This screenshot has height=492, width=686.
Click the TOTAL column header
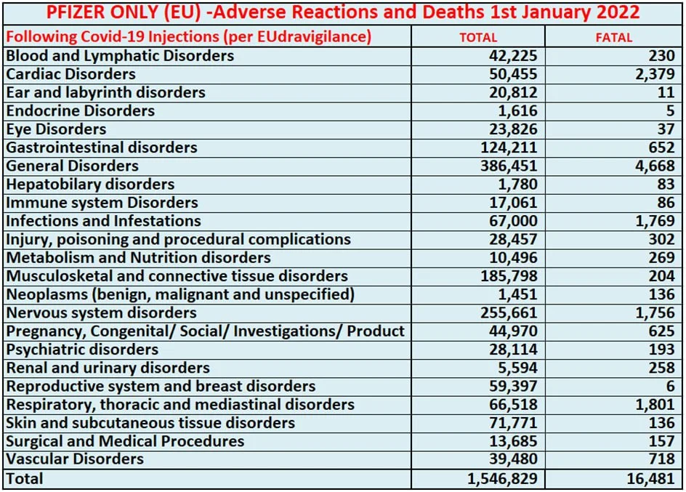click(478, 37)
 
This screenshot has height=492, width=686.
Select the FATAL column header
click(614, 37)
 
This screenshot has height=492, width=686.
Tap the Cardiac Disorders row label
click(70, 74)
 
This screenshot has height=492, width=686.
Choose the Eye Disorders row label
click(56, 129)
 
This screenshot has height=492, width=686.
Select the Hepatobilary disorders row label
click(90, 185)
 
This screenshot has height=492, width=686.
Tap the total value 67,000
click(513, 221)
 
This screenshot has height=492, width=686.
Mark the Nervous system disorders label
click(101, 312)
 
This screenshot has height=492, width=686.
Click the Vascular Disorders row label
click(75, 459)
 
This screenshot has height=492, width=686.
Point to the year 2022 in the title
click(615, 12)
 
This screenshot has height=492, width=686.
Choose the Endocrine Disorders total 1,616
click(517, 110)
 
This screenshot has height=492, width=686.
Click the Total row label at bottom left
click(25, 478)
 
